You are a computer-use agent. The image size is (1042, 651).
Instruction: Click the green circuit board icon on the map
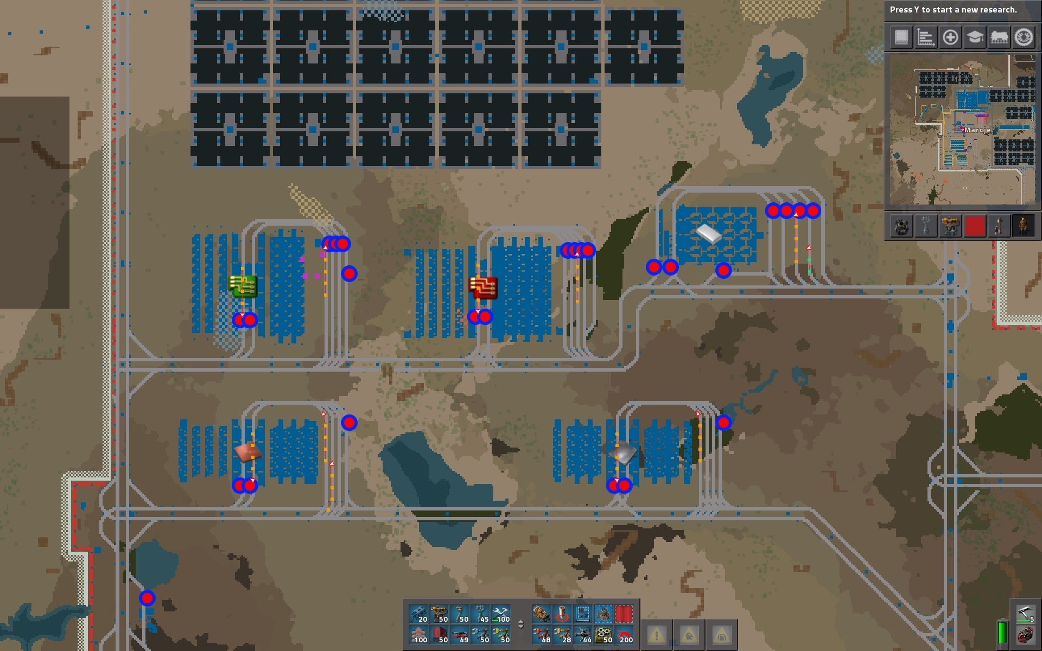(x=243, y=286)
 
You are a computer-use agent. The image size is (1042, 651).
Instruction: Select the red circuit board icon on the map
(x=483, y=288)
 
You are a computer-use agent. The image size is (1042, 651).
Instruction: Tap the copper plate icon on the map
(x=249, y=451)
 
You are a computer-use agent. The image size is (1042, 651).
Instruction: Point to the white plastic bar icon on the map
(x=708, y=234)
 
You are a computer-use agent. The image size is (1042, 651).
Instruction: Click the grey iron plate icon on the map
(x=622, y=453)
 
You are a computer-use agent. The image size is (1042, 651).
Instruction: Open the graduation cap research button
(x=975, y=37)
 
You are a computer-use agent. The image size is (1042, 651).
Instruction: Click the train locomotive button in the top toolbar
(x=999, y=37)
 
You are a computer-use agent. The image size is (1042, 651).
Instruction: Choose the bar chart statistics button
(x=926, y=37)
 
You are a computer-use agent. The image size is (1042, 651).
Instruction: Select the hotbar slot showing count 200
(x=624, y=635)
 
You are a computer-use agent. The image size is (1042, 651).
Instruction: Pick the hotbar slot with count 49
(x=460, y=635)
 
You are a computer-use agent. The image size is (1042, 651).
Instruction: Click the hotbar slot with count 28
(x=562, y=635)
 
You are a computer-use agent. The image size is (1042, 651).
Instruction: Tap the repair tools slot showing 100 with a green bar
(x=501, y=614)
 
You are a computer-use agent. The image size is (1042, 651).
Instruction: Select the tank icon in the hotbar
(x=542, y=614)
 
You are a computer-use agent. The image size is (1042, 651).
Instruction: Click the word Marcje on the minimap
(x=977, y=130)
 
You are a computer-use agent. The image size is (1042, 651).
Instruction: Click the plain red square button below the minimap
(x=975, y=226)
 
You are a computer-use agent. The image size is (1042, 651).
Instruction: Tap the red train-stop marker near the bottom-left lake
(x=147, y=598)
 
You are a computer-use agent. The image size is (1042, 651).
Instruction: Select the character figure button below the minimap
(x=1024, y=226)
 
